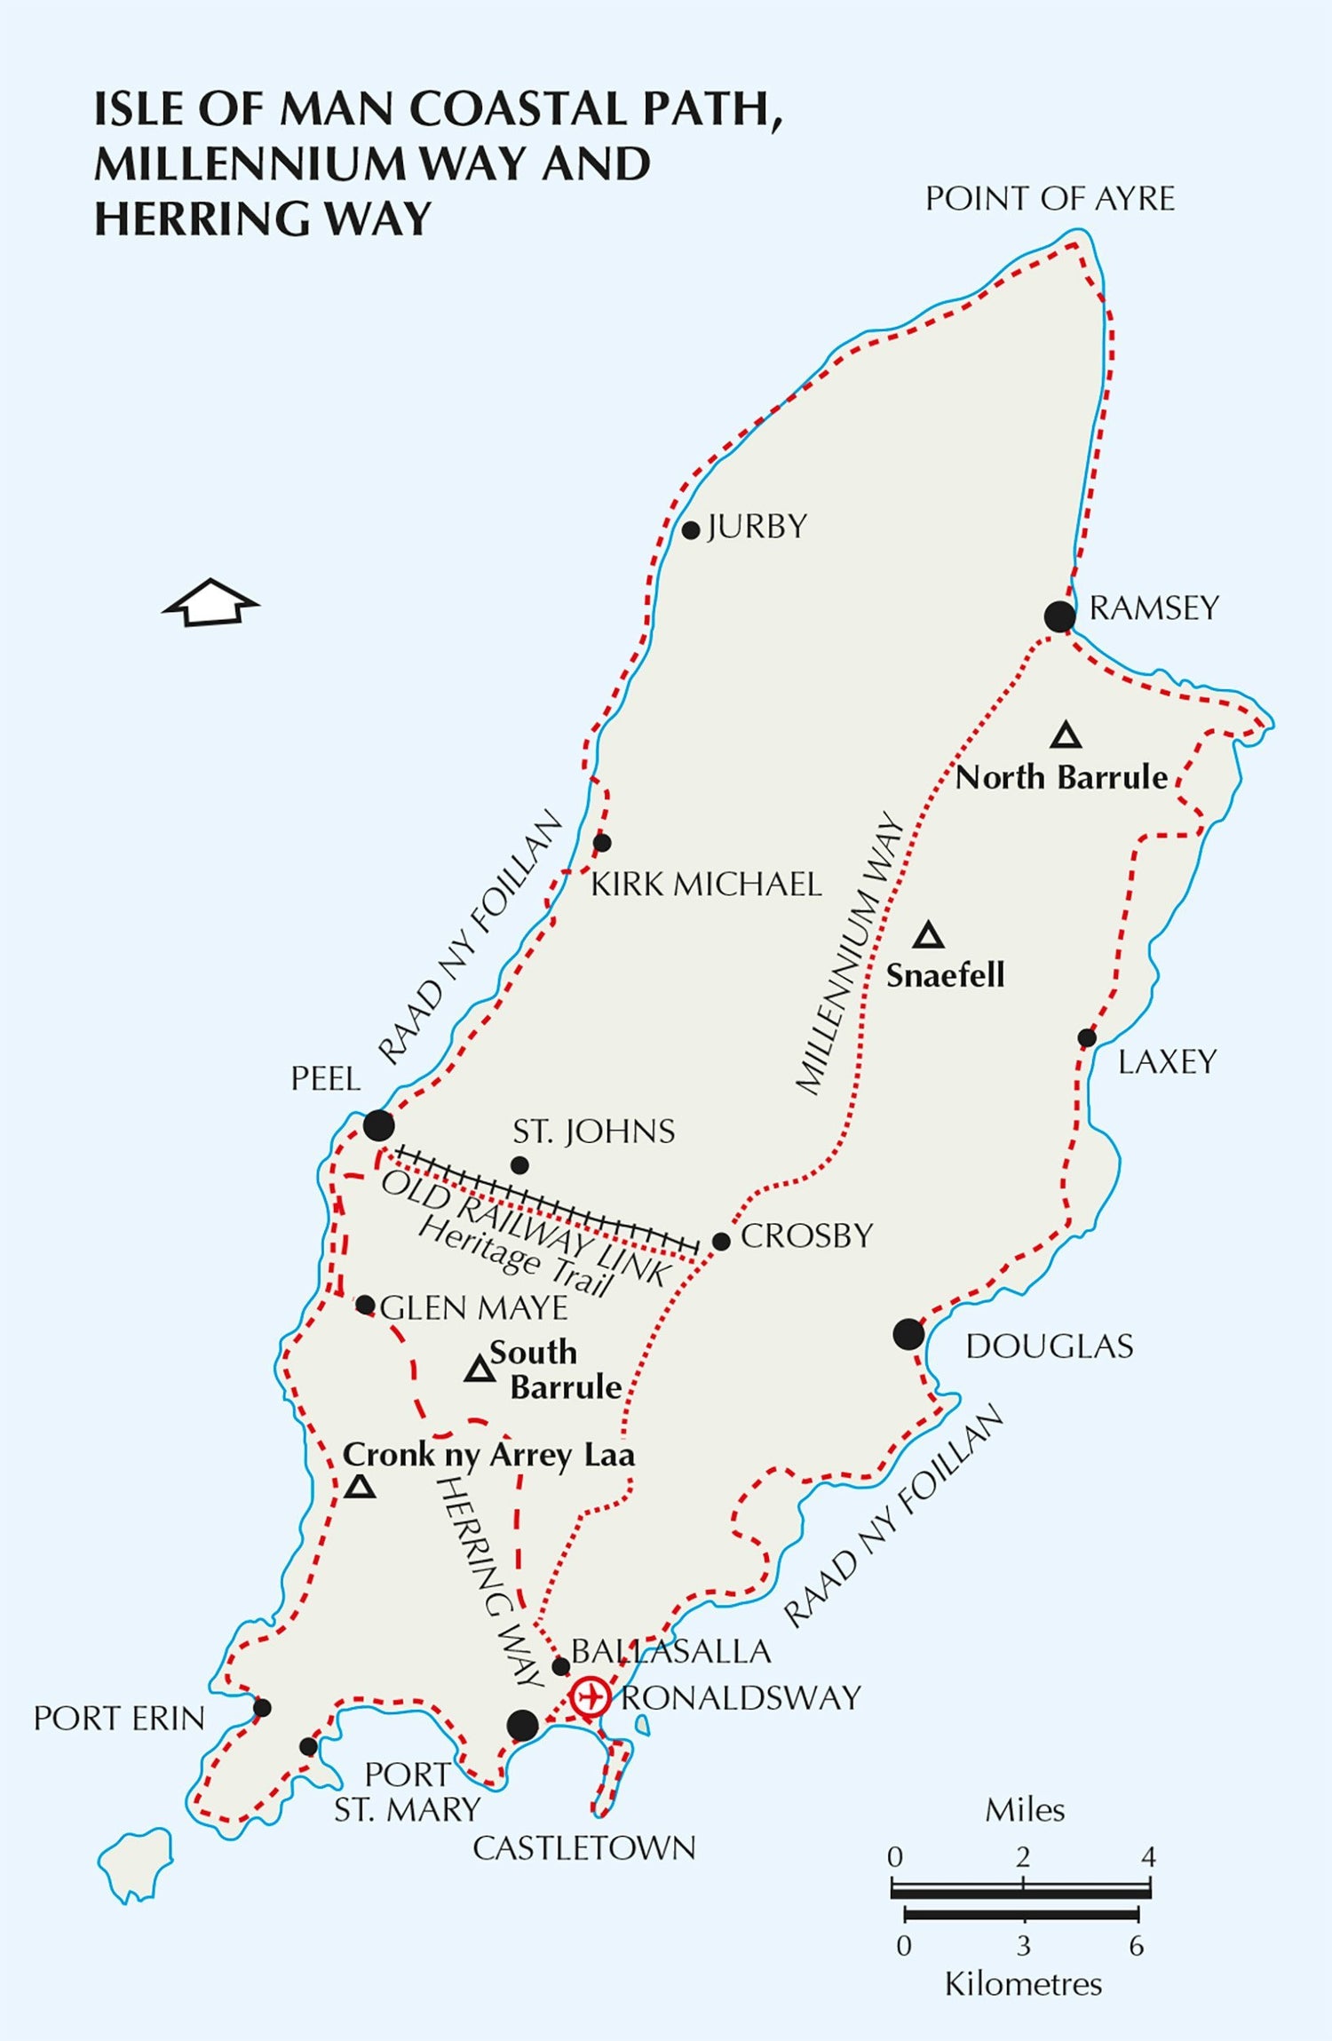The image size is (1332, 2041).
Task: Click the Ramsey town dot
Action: tap(1059, 615)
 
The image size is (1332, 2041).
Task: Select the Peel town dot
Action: tap(378, 1125)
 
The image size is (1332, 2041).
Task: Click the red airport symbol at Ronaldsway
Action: tap(590, 1697)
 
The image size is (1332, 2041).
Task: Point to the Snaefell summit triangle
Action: tap(929, 935)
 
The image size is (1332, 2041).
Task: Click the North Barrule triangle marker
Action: tap(1066, 735)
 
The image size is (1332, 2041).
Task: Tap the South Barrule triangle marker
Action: tap(480, 1370)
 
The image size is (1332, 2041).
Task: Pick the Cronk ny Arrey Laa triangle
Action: tap(360, 1486)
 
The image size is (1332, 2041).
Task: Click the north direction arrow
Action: tap(210, 603)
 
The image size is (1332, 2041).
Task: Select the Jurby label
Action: tap(757, 527)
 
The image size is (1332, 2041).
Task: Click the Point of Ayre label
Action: tap(1050, 199)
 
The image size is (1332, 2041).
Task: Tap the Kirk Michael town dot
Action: tap(602, 842)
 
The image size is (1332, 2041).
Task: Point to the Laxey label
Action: tap(1166, 1061)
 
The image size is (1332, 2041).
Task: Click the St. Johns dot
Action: tap(520, 1164)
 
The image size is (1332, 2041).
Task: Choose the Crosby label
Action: tap(806, 1235)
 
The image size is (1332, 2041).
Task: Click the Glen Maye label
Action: tap(473, 1307)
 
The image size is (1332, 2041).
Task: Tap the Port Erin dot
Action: tap(262, 1707)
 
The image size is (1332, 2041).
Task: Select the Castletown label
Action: tap(583, 1848)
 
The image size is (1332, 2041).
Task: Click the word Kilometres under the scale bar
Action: tap(1023, 1983)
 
